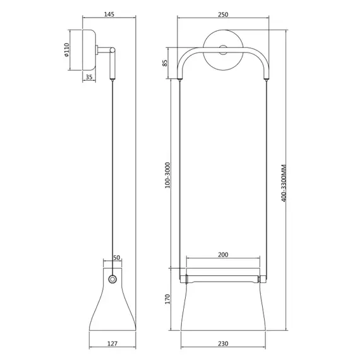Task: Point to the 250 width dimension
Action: [x=224, y=15]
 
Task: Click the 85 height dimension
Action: [x=165, y=63]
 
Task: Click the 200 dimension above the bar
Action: [x=223, y=255]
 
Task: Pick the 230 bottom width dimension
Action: [x=224, y=344]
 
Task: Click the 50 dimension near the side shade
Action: [x=116, y=258]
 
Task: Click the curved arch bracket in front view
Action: [x=189, y=57]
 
